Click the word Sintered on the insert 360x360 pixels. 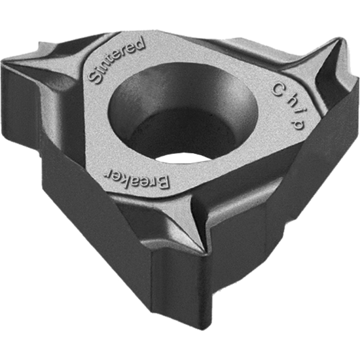117,60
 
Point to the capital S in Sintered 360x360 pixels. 93,79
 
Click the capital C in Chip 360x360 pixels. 276,87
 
